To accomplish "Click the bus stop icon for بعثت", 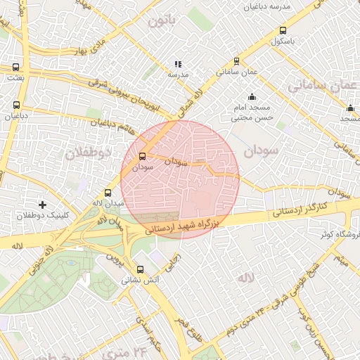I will click(x=16, y=67).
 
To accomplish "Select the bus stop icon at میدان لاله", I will click(x=108, y=193).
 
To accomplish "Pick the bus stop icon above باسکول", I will click(x=283, y=31).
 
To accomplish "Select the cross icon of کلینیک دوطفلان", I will click(x=42, y=205).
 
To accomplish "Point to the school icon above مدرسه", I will click(x=178, y=64).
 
